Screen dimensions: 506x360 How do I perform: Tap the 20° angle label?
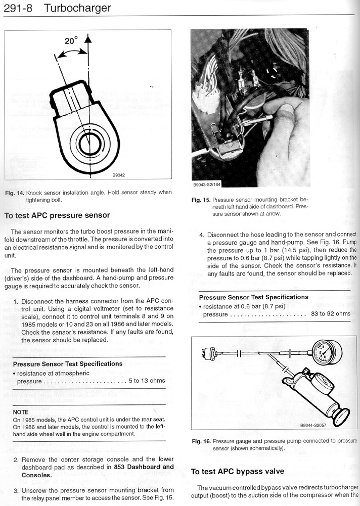click(x=71, y=40)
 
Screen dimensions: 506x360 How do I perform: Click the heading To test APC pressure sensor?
click(x=57, y=215)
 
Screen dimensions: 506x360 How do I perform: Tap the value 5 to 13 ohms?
click(x=147, y=381)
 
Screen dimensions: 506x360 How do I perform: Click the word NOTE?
click(x=21, y=412)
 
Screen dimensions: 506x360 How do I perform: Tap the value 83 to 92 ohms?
click(x=331, y=314)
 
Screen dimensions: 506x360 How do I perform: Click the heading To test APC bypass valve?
click(x=238, y=472)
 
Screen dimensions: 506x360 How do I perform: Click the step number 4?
click(x=201, y=235)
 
